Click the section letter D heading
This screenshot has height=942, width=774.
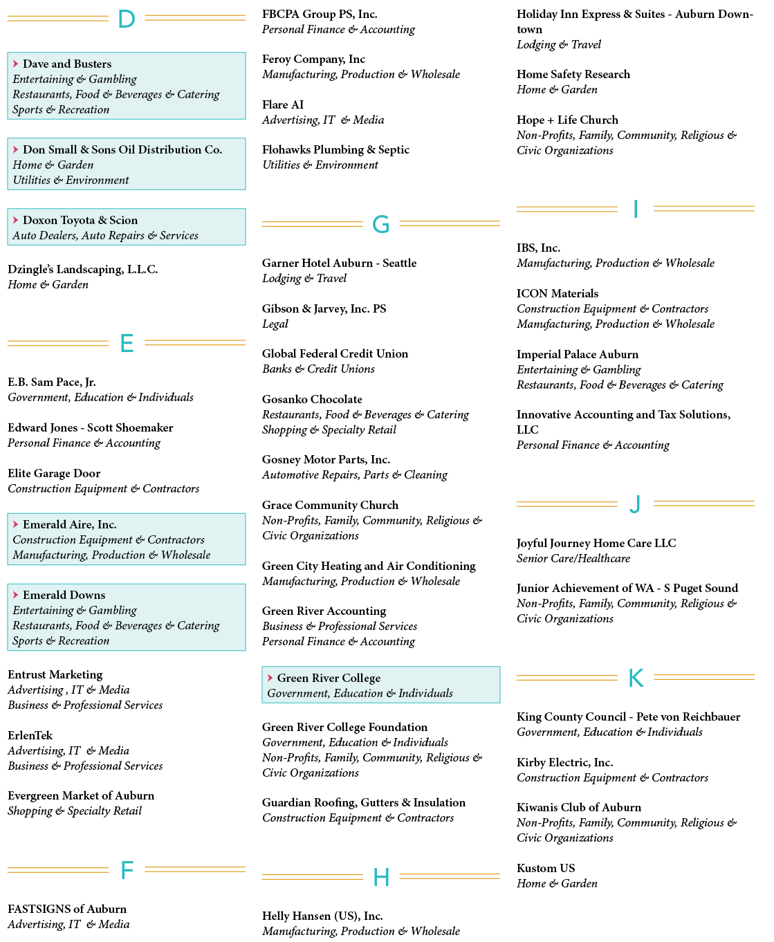pos(127,19)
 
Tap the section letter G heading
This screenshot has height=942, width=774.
pos(381,224)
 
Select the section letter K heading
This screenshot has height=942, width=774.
pos(636,678)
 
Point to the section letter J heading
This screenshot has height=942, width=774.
pos(635,504)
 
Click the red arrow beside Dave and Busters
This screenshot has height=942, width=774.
pos(16,64)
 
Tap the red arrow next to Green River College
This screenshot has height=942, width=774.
pos(270,678)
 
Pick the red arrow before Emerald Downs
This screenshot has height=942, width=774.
pos(16,595)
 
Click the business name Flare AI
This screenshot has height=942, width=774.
pos(283,104)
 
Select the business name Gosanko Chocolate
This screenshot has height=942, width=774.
pos(312,399)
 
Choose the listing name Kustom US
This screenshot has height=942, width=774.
pos(546,868)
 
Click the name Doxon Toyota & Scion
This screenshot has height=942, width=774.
pos(80,220)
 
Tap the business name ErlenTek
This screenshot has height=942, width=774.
pos(30,735)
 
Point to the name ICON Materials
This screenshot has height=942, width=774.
pos(558,293)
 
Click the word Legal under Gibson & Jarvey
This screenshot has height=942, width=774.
pos(275,324)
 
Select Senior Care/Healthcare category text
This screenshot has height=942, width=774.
pos(573,558)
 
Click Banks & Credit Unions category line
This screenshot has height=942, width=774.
pos(318,369)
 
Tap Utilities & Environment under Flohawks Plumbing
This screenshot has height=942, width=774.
pos(320,165)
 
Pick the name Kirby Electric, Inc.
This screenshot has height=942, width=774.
pos(565,762)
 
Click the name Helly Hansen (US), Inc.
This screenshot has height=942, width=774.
pos(322,916)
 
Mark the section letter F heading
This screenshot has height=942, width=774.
pos(127,870)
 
